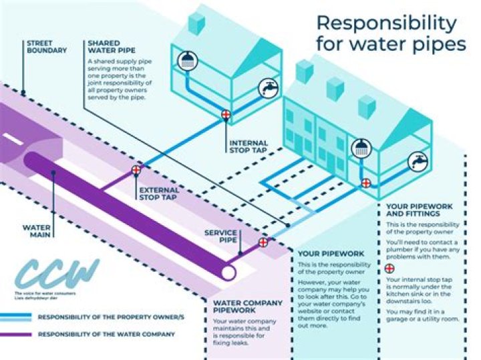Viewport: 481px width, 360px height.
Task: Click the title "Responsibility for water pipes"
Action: [390, 33]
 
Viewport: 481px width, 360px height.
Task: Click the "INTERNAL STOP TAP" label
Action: [248, 147]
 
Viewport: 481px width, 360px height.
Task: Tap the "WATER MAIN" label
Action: [37, 231]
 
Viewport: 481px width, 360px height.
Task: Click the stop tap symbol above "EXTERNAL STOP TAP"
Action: [136, 170]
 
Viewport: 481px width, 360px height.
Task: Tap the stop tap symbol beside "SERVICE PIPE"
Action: [263, 242]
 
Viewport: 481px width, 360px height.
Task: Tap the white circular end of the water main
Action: [228, 273]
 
